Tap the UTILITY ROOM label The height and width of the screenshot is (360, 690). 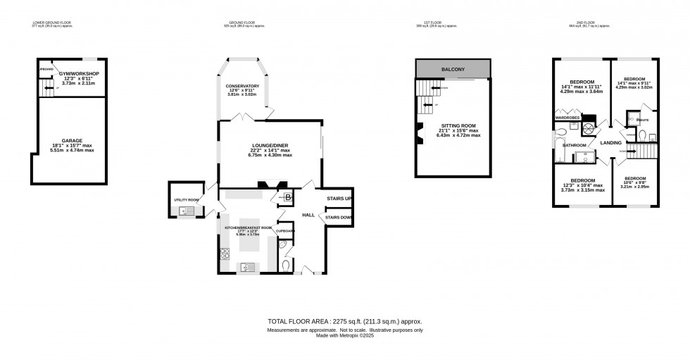point(186,199)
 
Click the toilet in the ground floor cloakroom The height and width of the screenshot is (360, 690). point(284,265)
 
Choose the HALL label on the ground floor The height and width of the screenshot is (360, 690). point(308,215)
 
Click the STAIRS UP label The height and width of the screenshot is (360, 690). point(339,199)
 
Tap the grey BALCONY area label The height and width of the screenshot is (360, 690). point(451,69)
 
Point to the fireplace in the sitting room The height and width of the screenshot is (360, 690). point(419,133)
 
